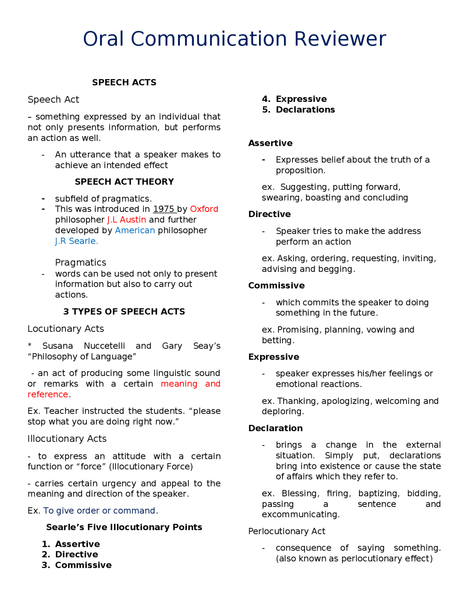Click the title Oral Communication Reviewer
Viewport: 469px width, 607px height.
[x=234, y=39]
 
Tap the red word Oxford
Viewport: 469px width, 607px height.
[x=204, y=209]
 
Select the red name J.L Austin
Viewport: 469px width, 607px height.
[x=126, y=220]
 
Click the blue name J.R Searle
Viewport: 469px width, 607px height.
[x=76, y=241]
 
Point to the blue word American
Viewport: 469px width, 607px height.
[x=135, y=230]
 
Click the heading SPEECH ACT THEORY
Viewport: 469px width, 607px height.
[x=124, y=182]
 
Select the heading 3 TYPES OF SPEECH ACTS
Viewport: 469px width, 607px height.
[x=124, y=312]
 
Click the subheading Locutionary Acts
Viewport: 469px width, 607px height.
[x=66, y=329]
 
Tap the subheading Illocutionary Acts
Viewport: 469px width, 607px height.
[x=67, y=439]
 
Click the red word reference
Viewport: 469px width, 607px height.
[x=48, y=394]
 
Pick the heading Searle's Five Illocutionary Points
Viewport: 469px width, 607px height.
[x=124, y=527]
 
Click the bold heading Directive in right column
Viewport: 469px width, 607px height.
[x=269, y=214]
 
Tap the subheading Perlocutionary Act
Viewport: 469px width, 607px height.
[x=287, y=531]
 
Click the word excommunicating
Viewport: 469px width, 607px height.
[x=300, y=514]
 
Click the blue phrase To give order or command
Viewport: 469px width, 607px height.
[x=99, y=511]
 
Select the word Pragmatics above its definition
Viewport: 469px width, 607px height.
[x=81, y=262]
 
